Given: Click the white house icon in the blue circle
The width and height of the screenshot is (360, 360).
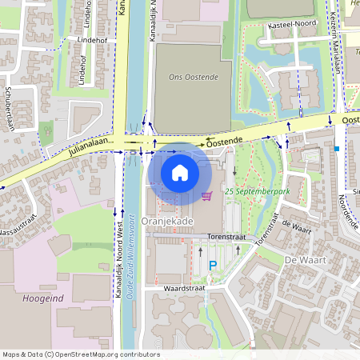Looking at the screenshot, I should (180, 172).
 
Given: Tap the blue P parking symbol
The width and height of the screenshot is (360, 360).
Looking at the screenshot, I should (213, 266).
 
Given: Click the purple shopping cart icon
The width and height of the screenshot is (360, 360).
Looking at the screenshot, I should (206, 195).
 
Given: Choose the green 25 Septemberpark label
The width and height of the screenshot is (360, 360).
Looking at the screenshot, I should (257, 193).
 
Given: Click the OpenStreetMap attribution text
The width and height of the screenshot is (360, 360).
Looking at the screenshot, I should (80, 354).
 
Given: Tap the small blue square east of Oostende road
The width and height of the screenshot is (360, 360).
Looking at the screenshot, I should (338, 148).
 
